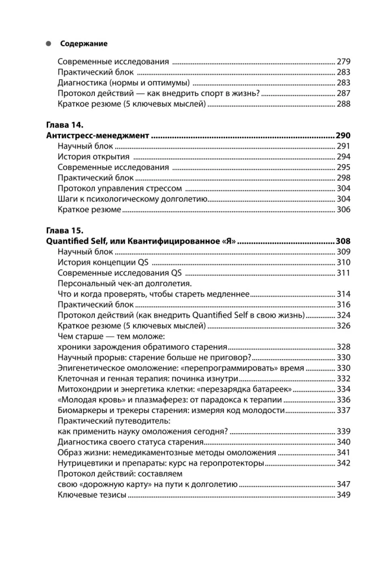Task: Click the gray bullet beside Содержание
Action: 49,43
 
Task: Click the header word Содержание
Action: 84,43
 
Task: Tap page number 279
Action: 343,60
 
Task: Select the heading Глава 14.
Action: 64,126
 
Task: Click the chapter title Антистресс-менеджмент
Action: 97,136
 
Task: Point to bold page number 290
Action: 343,136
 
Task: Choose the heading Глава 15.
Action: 64,231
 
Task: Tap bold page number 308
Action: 343,241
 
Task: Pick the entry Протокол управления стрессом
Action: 120,188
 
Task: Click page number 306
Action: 343,209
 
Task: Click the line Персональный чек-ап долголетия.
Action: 125,283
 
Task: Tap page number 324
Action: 343,315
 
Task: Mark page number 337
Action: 343,410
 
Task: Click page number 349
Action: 343,495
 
